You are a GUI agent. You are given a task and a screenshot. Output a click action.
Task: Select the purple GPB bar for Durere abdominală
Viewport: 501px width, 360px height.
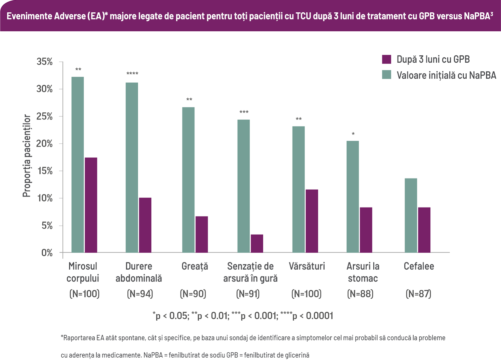click(x=145, y=225)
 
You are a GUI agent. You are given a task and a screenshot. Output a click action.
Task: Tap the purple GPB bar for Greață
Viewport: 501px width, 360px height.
click(x=201, y=234)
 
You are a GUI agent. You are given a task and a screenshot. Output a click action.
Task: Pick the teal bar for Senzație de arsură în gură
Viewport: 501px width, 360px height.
click(x=243, y=186)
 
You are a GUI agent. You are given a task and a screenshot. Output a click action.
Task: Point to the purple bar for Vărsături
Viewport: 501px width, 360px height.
click(x=312, y=221)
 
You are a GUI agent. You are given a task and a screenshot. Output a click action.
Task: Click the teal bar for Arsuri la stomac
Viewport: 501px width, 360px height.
click(x=353, y=197)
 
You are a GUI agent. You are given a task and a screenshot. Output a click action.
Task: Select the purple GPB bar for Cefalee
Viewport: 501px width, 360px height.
click(x=424, y=230)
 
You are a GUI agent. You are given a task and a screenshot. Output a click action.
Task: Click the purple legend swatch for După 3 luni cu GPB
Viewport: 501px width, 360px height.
click(x=386, y=59)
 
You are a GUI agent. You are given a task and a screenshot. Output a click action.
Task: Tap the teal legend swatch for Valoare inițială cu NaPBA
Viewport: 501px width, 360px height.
click(x=386, y=75)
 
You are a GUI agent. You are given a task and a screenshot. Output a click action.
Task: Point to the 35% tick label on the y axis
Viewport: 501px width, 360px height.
click(x=45, y=62)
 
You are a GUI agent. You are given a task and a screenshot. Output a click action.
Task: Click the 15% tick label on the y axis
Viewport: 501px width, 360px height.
click(x=45, y=171)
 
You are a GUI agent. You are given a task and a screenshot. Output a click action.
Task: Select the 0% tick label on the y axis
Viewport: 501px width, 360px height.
click(x=47, y=253)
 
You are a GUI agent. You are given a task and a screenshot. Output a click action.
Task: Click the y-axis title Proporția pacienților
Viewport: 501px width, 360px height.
click(x=27, y=156)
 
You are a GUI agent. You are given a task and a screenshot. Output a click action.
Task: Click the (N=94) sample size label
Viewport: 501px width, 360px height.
click(x=140, y=294)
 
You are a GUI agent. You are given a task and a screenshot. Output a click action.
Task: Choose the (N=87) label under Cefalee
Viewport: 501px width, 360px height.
click(x=418, y=294)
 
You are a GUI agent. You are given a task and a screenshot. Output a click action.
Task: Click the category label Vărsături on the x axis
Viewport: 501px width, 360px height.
click(x=307, y=266)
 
